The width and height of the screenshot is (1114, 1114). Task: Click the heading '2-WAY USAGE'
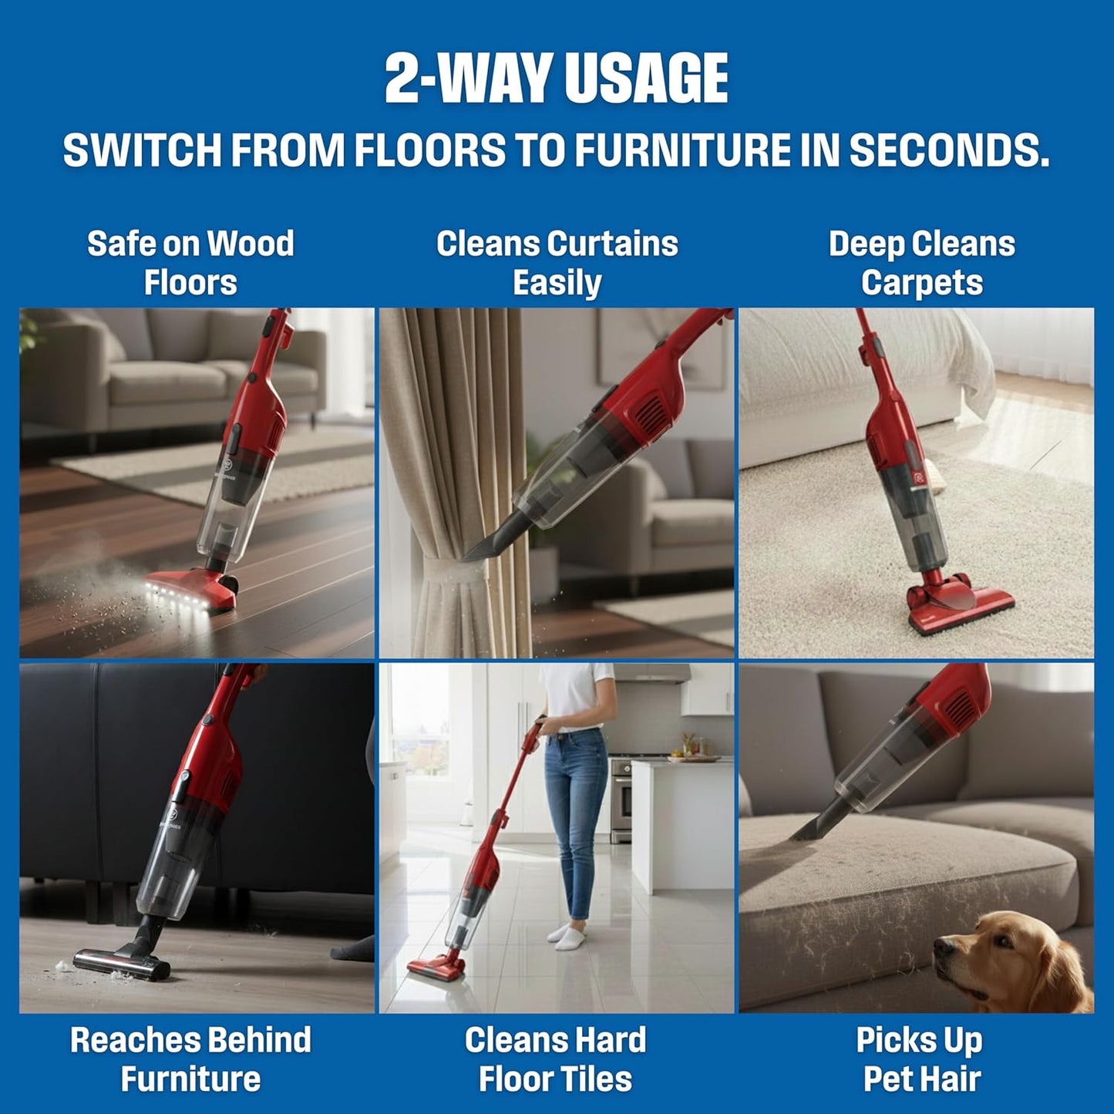(556, 79)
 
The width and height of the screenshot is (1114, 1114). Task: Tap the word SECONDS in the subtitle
(949, 150)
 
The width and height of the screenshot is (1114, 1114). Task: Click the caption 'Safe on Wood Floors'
(190, 263)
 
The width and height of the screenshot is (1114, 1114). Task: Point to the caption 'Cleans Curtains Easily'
(557, 263)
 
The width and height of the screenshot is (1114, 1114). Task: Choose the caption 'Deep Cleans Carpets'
(921, 263)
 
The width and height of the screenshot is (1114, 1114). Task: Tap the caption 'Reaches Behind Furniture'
(190, 1059)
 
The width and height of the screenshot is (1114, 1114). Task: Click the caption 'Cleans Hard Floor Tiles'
(555, 1059)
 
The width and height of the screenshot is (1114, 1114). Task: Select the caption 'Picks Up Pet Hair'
(920, 1059)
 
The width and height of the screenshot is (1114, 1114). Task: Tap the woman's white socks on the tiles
(567, 934)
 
